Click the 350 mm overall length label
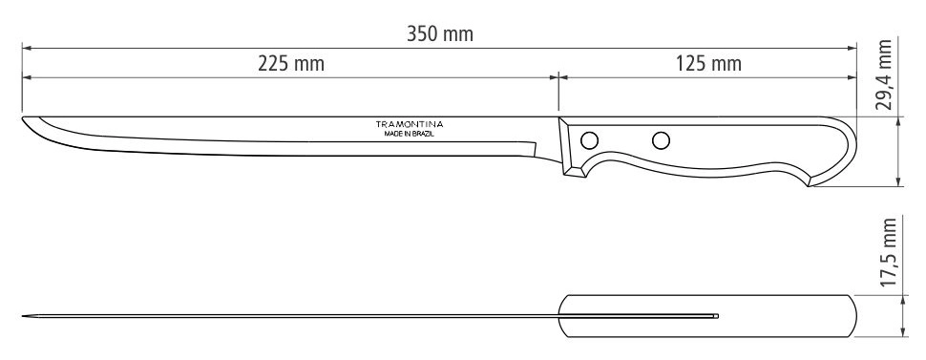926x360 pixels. click(440, 34)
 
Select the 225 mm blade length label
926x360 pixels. click(291, 63)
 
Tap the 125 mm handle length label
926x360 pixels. click(708, 63)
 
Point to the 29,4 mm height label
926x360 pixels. click(884, 75)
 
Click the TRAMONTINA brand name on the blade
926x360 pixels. click(410, 124)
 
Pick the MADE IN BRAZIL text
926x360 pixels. click(410, 135)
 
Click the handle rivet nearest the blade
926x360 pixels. click(589, 140)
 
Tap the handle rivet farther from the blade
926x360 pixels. click(661, 140)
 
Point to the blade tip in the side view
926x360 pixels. click(23, 117)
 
